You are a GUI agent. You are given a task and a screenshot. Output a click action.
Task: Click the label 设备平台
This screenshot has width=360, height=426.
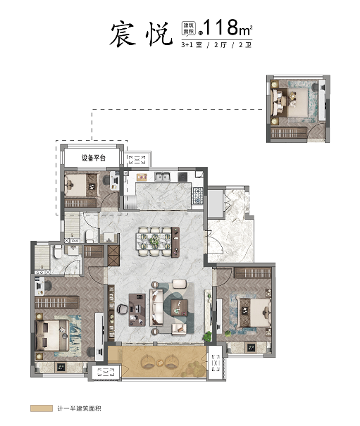click(x=94, y=158)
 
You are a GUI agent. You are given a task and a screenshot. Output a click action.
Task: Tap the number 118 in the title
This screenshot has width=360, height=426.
click(x=221, y=27)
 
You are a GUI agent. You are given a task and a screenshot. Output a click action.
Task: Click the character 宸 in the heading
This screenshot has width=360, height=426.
click(x=123, y=34)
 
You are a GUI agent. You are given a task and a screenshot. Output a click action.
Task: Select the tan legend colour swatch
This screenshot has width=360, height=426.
click(x=42, y=408)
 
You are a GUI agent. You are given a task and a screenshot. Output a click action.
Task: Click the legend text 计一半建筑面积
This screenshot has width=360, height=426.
click(x=79, y=408)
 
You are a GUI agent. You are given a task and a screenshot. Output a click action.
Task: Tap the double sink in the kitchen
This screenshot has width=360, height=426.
click(x=162, y=177)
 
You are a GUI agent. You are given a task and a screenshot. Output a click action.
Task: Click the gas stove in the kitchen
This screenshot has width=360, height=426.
click(x=198, y=196)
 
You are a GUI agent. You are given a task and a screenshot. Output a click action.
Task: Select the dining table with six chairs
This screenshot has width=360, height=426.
click(x=155, y=242)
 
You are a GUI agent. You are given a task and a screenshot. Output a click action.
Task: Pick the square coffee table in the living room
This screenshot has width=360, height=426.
click(x=180, y=308)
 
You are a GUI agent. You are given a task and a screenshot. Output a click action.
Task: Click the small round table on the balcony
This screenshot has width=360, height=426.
click(x=161, y=362)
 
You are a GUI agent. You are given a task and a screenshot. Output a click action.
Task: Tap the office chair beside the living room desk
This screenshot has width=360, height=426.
click(x=123, y=309)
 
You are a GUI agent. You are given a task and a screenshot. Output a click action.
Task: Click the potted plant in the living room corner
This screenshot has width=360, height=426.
click(x=208, y=337)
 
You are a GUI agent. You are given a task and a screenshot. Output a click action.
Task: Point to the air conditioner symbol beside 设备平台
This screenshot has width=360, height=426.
click(x=137, y=159)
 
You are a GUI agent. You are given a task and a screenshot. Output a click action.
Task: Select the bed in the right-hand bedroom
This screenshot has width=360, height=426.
click(x=255, y=313)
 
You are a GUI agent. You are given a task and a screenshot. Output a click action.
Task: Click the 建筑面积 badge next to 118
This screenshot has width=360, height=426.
click(x=188, y=28)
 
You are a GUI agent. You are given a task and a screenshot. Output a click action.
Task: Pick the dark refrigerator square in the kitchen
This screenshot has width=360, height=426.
click(x=182, y=177)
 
